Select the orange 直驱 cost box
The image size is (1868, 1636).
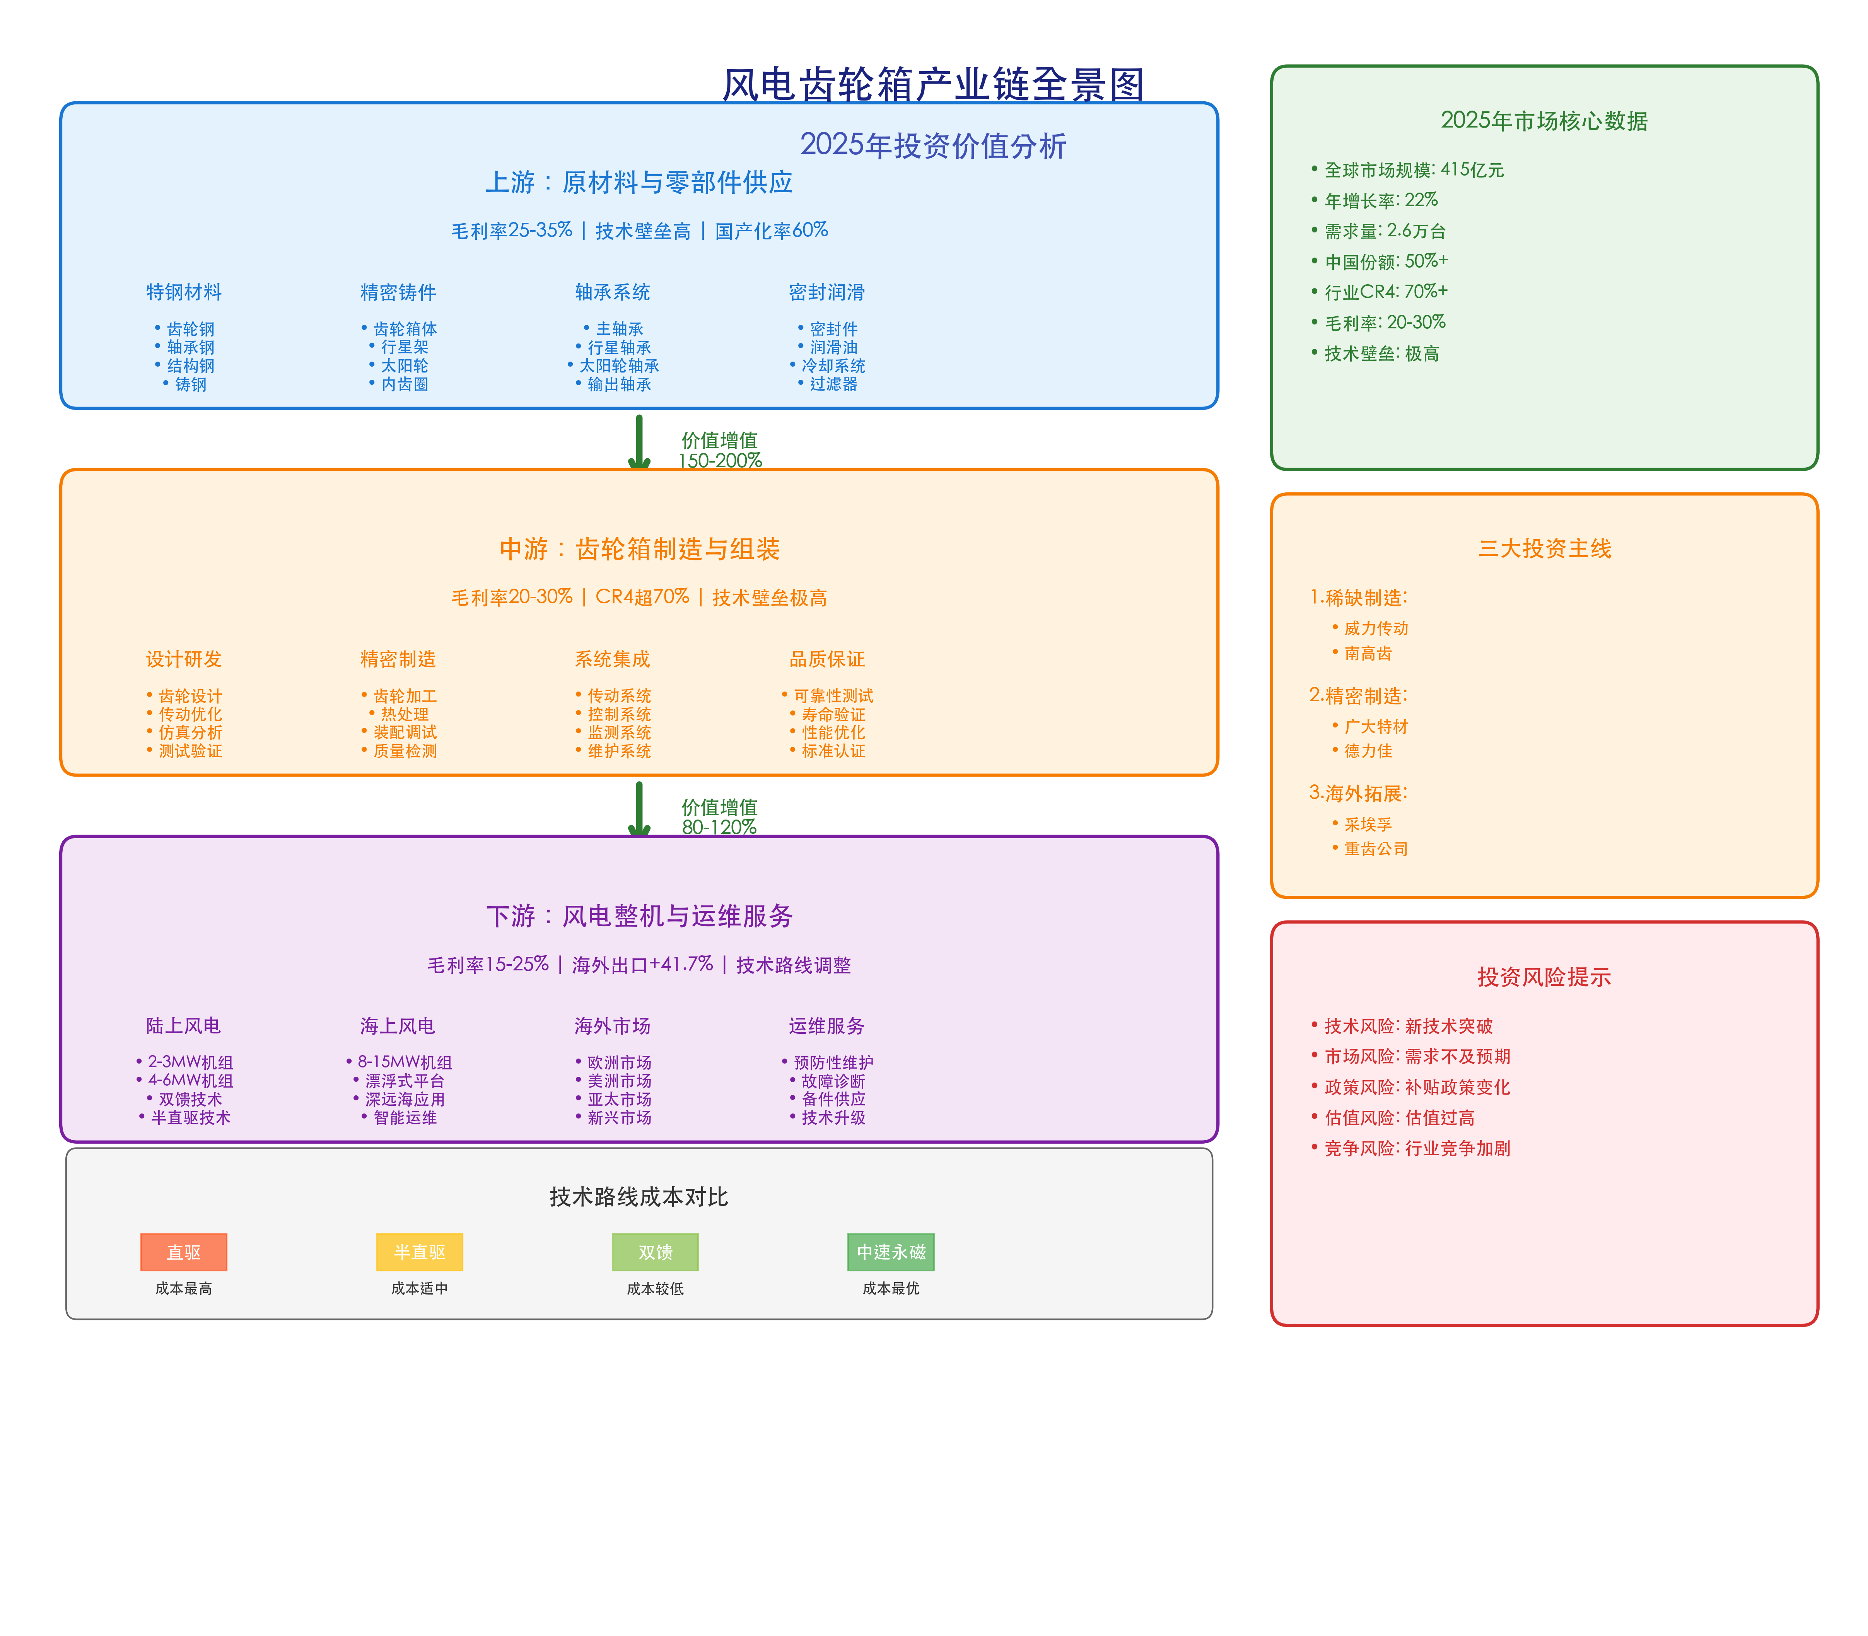coord(184,1252)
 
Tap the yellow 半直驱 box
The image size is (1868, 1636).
coord(419,1252)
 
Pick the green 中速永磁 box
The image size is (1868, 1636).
coord(890,1252)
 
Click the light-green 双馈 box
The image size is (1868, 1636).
coord(655,1252)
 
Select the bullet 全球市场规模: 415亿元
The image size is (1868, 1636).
coord(1413,170)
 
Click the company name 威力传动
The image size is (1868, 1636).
coord(1375,628)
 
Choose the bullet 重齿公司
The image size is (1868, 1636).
coord(1375,849)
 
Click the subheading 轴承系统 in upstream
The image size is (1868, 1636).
coord(612,292)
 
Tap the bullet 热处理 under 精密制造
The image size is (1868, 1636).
coord(403,714)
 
